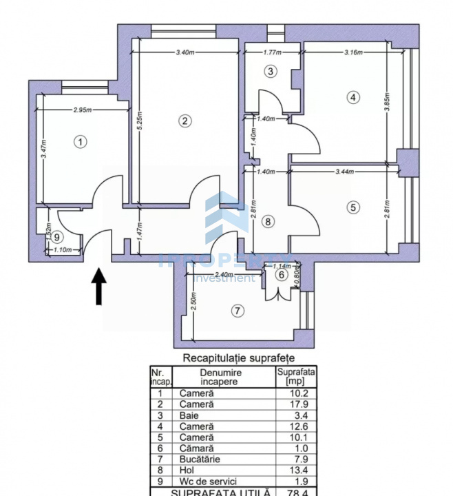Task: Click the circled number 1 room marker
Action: tap(81, 142)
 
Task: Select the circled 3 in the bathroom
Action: tap(271, 71)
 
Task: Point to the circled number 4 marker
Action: tap(352, 97)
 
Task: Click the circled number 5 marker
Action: tap(352, 206)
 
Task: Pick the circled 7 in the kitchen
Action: tap(237, 311)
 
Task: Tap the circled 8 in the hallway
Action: tap(268, 222)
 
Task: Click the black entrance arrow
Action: tap(99, 286)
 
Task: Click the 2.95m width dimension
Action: tap(84, 110)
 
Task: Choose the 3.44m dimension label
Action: tap(346, 172)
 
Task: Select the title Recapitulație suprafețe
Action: tap(238, 358)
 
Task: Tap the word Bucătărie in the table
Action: tap(200, 459)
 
